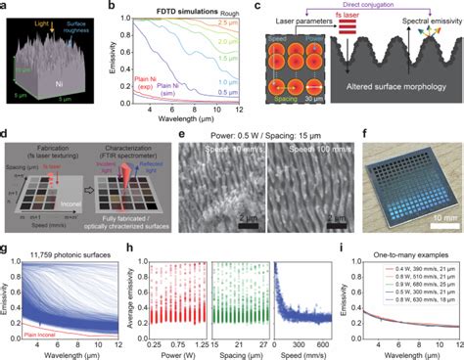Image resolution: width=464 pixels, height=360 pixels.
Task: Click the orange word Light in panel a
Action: [x=37, y=19]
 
